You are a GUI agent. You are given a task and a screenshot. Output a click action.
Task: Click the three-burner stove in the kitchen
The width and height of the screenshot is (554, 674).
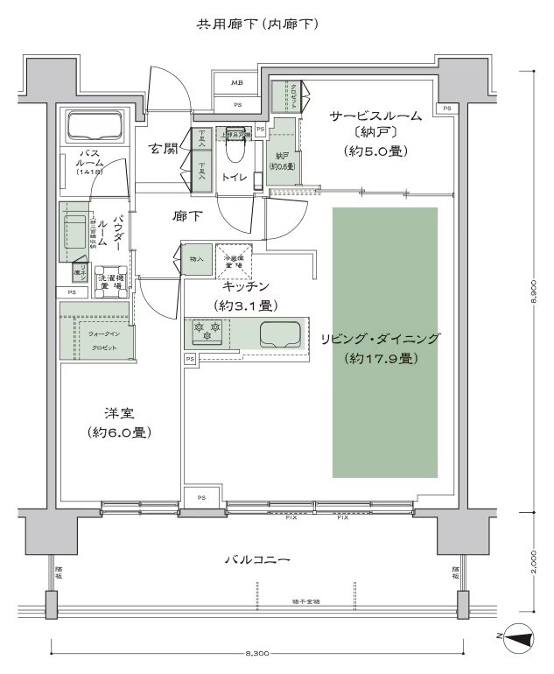click(x=206, y=333)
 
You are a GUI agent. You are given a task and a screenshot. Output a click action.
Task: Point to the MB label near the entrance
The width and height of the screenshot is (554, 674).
click(x=237, y=83)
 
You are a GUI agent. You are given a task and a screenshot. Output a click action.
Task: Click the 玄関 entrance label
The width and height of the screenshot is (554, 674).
click(x=164, y=148)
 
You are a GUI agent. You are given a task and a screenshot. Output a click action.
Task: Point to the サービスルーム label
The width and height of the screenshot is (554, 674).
click(x=375, y=116)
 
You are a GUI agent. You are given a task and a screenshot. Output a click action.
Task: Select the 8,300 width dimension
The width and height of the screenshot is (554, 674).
click(x=256, y=653)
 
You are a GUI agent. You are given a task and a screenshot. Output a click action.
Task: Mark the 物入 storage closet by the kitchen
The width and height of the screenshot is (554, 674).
click(x=196, y=259)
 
